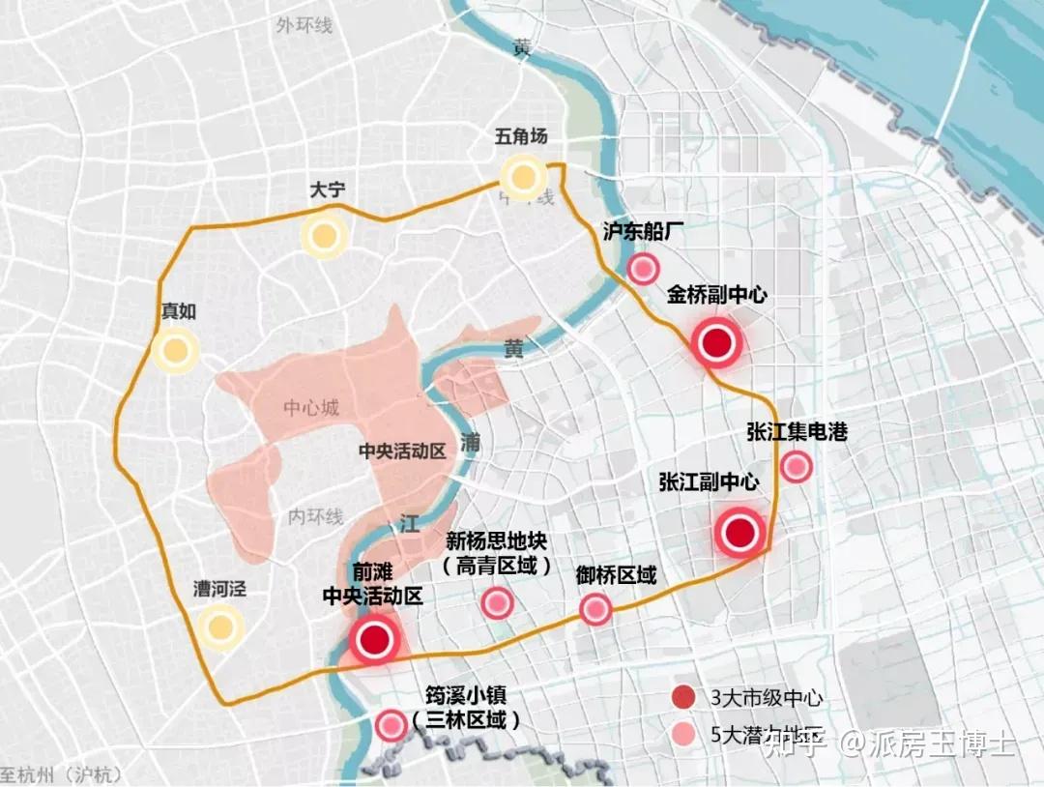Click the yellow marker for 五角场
[524, 177]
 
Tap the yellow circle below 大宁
[323, 235]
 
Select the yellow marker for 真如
[176, 352]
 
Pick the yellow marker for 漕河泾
[221, 627]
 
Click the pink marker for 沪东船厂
[643, 269]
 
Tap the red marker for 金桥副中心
[716, 343]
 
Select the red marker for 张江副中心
[740, 533]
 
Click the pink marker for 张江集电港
[796, 467]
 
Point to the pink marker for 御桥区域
[595, 609]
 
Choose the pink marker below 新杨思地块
[497, 603]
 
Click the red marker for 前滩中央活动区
[374, 638]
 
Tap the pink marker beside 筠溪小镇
[391, 724]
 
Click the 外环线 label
[304, 25]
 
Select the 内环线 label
[315, 517]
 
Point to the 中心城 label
[311, 408]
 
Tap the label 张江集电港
[797, 432]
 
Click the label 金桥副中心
[716, 295]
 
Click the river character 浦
[471, 443]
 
